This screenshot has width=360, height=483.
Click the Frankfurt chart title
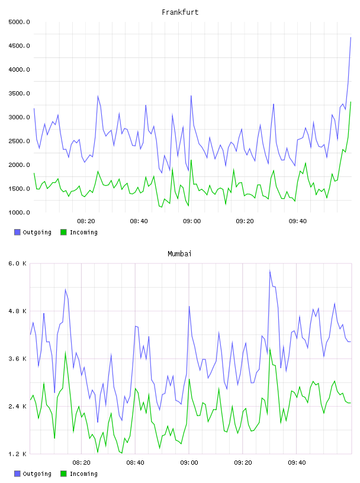point(180,12)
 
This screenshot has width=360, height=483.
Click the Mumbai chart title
point(179,254)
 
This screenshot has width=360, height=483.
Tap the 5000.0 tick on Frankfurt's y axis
point(19,22)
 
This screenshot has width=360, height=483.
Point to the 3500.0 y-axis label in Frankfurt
point(19,94)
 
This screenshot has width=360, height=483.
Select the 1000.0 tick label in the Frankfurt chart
point(19,212)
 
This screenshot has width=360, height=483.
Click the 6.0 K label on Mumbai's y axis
point(18,263)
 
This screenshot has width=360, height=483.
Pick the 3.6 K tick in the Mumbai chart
point(18,359)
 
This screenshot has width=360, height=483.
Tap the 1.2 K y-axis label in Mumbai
point(18,454)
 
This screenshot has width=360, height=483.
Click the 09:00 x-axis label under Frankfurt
point(192,221)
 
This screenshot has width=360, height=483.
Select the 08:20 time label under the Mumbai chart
point(81,462)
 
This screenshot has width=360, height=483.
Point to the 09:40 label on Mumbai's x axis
point(297,462)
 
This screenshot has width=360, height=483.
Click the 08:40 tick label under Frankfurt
point(139,221)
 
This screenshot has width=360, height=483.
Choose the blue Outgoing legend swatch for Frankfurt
point(17,232)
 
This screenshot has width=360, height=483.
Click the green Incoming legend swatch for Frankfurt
point(63,232)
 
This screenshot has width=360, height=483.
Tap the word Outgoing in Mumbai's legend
point(37,474)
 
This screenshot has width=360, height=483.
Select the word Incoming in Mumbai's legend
point(83,474)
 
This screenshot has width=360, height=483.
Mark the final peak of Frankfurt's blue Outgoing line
point(351,37)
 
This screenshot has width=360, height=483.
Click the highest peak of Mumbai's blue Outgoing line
point(269,271)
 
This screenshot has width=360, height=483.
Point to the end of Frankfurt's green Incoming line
point(351,102)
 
